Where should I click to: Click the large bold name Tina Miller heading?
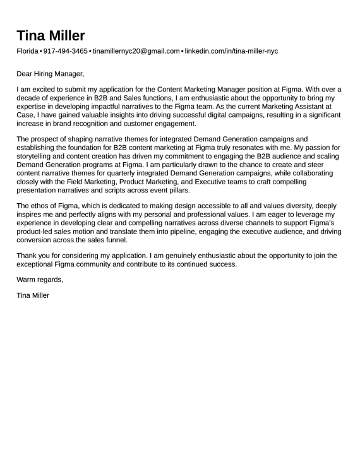click(51, 35)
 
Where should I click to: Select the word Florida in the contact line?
click(27, 51)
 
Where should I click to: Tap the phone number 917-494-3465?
click(65, 51)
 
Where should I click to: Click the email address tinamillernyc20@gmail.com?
click(136, 51)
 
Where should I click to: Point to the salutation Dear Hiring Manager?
click(50, 74)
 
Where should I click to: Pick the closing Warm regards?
click(40, 280)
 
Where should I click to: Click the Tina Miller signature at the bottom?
click(33, 295)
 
